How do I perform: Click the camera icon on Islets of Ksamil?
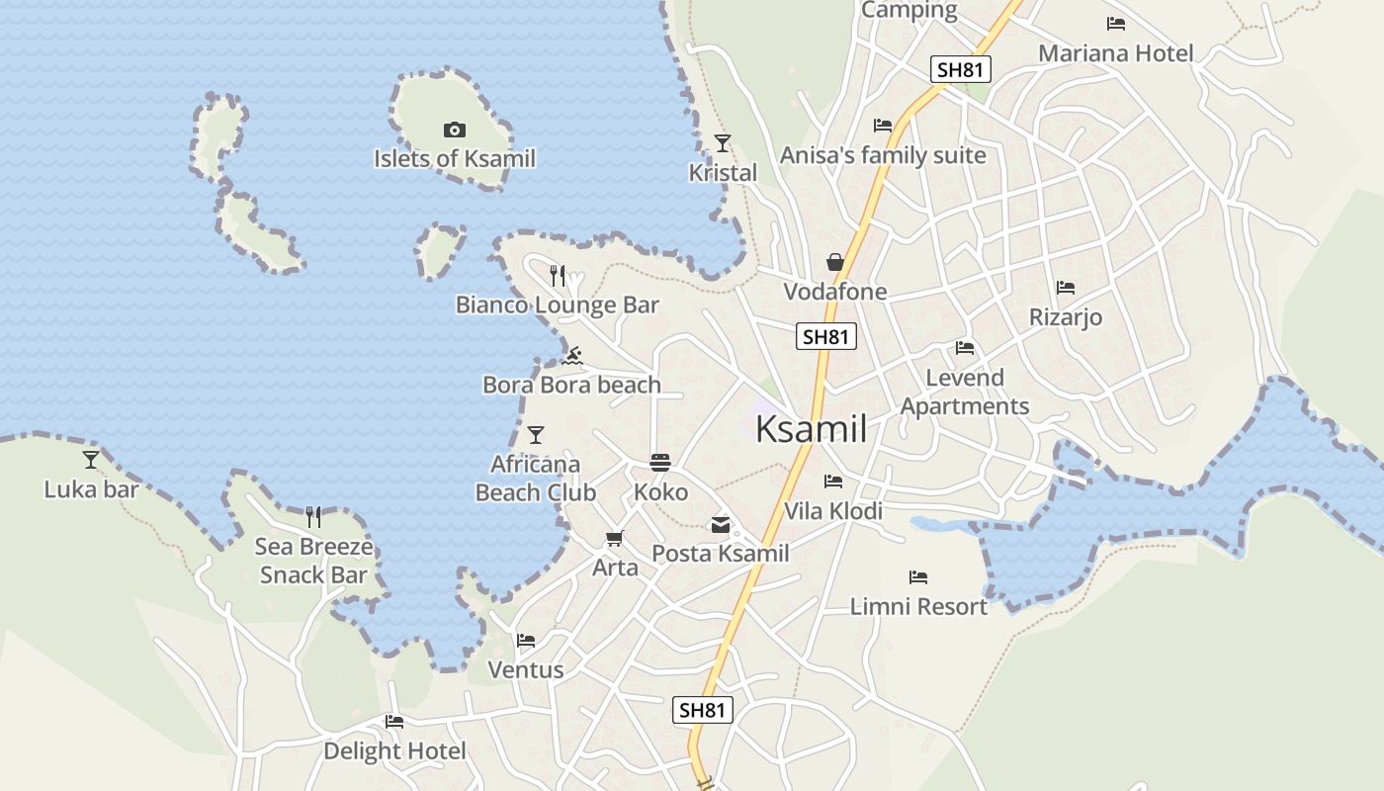click(455, 130)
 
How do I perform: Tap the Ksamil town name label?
click(811, 429)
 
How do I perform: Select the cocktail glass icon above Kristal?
click(723, 143)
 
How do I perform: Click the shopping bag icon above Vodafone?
click(835, 262)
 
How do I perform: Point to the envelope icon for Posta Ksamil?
click(721, 525)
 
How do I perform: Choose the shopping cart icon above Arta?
click(615, 539)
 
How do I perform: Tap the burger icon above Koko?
click(660, 463)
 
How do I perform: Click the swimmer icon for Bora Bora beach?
click(571, 355)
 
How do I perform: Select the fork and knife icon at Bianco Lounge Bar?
click(558, 275)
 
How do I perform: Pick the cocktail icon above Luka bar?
click(91, 459)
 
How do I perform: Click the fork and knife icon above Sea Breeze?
click(313, 516)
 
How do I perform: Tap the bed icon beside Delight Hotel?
click(394, 722)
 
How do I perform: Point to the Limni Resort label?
click(918, 606)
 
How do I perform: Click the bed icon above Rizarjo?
click(1065, 288)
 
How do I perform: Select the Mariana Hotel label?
click(1115, 53)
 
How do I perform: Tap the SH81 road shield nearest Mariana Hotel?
click(960, 69)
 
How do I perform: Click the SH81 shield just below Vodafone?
click(825, 336)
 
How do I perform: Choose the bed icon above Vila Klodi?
click(833, 482)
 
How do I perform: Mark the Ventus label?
click(526, 669)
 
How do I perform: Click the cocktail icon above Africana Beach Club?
click(536, 435)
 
